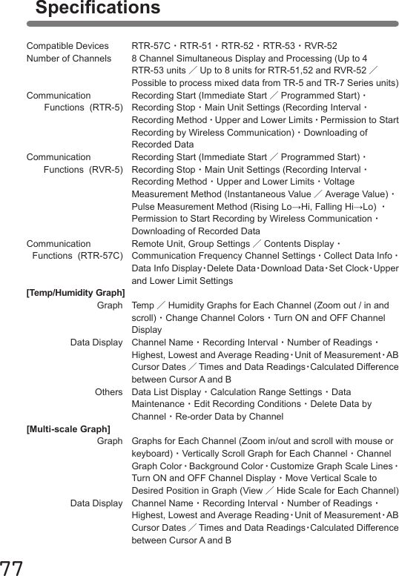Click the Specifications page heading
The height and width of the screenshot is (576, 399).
click(x=97, y=9)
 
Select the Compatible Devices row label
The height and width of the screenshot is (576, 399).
click(x=67, y=45)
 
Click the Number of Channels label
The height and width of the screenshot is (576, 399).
click(x=69, y=58)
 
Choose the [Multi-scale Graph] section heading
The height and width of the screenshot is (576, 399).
click(x=68, y=429)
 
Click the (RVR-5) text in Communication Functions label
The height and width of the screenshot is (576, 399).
click(x=106, y=170)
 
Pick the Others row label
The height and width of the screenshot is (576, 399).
click(x=109, y=392)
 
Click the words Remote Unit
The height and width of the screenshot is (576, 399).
click(x=157, y=244)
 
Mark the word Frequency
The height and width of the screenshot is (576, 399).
click(x=222, y=256)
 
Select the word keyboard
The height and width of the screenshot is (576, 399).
click(x=152, y=454)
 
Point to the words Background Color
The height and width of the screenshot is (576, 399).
click(x=225, y=467)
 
